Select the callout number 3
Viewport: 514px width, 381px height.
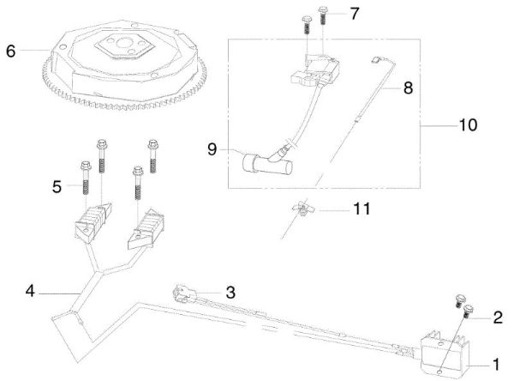(230, 292)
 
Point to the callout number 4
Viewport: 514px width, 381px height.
(30, 292)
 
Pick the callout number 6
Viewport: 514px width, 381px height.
(11, 51)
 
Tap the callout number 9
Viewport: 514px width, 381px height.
(212, 149)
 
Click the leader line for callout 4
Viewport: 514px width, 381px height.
(60, 293)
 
